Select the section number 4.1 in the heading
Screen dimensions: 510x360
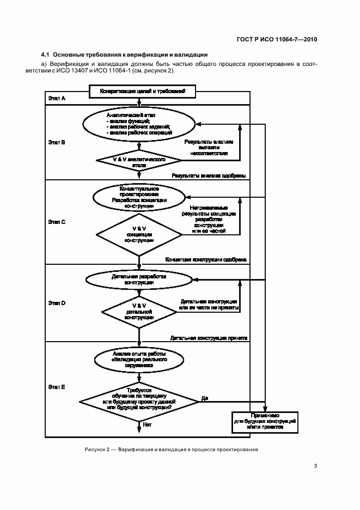coord(45,55)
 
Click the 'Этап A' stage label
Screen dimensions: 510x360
coord(56,98)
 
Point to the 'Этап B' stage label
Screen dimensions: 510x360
coord(56,142)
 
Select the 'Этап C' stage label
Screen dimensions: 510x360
coord(56,222)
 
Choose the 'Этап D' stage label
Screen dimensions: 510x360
coord(56,302)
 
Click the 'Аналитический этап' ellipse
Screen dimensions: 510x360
coord(139,124)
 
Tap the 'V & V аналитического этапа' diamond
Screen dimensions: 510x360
coord(139,160)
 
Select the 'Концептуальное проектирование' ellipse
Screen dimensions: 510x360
coord(139,197)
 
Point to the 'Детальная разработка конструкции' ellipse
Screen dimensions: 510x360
coord(139,280)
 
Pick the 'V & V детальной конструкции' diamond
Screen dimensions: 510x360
coord(139,312)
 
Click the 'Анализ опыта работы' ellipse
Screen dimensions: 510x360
coord(139,361)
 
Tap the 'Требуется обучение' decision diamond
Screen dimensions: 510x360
coord(139,400)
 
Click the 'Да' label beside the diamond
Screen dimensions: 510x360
coord(204,398)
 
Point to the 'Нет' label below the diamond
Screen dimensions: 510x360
coord(147,424)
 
